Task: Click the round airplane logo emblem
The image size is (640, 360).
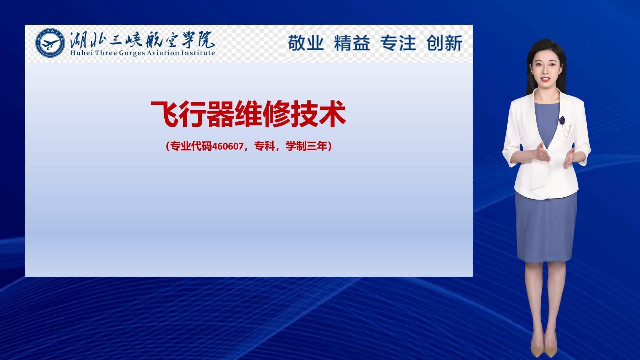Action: click(x=50, y=43)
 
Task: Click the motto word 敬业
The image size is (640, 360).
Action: click(x=306, y=43)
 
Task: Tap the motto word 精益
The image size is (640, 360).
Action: click(x=352, y=43)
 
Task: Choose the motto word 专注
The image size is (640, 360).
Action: click(x=398, y=43)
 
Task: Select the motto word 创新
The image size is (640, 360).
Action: click(x=444, y=43)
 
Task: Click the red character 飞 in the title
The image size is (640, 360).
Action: click(x=165, y=114)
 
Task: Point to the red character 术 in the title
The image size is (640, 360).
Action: click(x=332, y=114)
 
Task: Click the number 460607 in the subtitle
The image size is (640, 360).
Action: click(x=228, y=146)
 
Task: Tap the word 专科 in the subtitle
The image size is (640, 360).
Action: click(x=265, y=146)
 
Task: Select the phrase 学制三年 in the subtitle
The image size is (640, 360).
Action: click(x=307, y=146)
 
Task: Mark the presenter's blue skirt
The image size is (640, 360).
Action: click(x=546, y=227)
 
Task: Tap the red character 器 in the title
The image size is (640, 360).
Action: click(x=220, y=114)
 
